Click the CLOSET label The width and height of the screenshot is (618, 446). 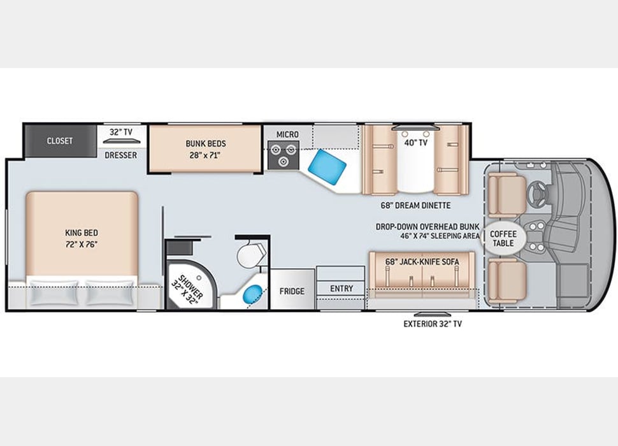coord(59,141)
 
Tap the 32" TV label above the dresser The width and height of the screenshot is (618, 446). coord(120,133)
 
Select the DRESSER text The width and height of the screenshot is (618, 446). coord(121,155)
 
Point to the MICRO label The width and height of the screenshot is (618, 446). coord(287,134)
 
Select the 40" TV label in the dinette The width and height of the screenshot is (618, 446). coord(415,143)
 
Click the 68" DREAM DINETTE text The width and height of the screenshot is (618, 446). coord(415,205)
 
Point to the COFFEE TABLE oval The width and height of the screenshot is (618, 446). coord(503,238)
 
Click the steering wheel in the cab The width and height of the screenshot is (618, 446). coord(534,191)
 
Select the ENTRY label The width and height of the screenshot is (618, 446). coord(341,289)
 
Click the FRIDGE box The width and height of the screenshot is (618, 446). coord(292,291)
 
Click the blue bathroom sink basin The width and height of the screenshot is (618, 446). coord(253,294)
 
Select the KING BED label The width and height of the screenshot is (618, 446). coord(82,238)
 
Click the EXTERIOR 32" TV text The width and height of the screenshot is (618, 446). coord(433,324)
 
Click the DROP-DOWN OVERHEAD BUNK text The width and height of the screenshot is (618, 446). coord(426,226)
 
